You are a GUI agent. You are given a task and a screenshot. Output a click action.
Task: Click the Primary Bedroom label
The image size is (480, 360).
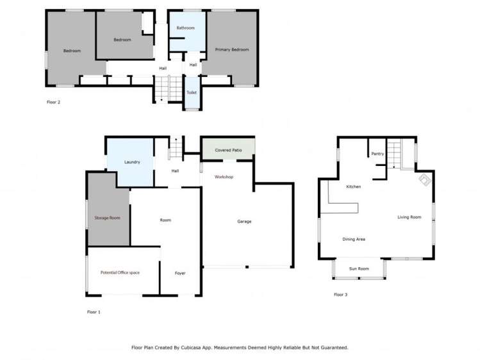231,49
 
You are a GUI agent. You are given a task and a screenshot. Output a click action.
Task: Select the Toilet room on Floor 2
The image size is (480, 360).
192,92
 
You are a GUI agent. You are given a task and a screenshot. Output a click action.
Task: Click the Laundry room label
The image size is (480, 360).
132,162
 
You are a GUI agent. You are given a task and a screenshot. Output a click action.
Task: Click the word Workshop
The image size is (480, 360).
224,176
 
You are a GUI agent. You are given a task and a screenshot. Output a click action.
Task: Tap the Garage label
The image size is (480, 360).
244,222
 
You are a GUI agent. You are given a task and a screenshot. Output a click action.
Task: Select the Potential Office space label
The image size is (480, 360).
120,273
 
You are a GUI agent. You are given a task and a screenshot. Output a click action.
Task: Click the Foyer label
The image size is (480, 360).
181,274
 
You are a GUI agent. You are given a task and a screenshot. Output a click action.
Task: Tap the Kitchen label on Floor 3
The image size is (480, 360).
353,186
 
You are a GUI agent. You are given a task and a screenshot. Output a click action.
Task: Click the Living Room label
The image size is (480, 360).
409,217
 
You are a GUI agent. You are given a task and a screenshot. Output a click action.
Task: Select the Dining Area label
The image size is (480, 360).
354,239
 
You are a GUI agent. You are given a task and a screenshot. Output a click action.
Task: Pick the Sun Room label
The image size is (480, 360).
358,268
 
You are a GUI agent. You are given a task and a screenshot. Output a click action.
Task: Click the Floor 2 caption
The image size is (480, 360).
54,102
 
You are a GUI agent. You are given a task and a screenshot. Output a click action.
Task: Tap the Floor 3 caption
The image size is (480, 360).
340,295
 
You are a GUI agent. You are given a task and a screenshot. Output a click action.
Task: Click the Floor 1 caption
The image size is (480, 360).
94,312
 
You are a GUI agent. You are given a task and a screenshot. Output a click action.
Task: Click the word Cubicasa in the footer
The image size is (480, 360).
194,348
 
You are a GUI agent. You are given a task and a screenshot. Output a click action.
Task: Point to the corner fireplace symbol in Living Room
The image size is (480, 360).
424,181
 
